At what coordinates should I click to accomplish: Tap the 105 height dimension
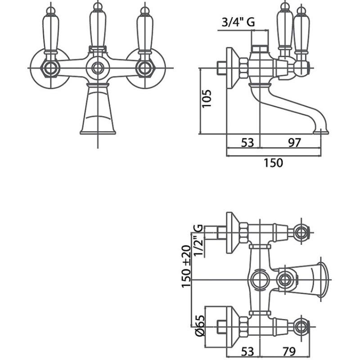207,99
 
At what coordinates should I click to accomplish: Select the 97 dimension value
294,143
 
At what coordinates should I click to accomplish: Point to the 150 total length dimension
273,163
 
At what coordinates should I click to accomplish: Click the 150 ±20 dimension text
186,266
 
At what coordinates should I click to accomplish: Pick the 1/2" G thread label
198,240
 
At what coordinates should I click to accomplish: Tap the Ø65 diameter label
200,325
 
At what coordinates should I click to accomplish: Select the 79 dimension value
288,351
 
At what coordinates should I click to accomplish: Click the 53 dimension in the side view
247,143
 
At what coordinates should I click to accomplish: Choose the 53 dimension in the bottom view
247,351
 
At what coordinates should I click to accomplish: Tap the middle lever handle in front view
98,25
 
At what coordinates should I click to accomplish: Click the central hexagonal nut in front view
98,68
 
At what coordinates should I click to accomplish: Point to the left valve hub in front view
50,68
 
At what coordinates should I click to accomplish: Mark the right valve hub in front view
145,68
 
